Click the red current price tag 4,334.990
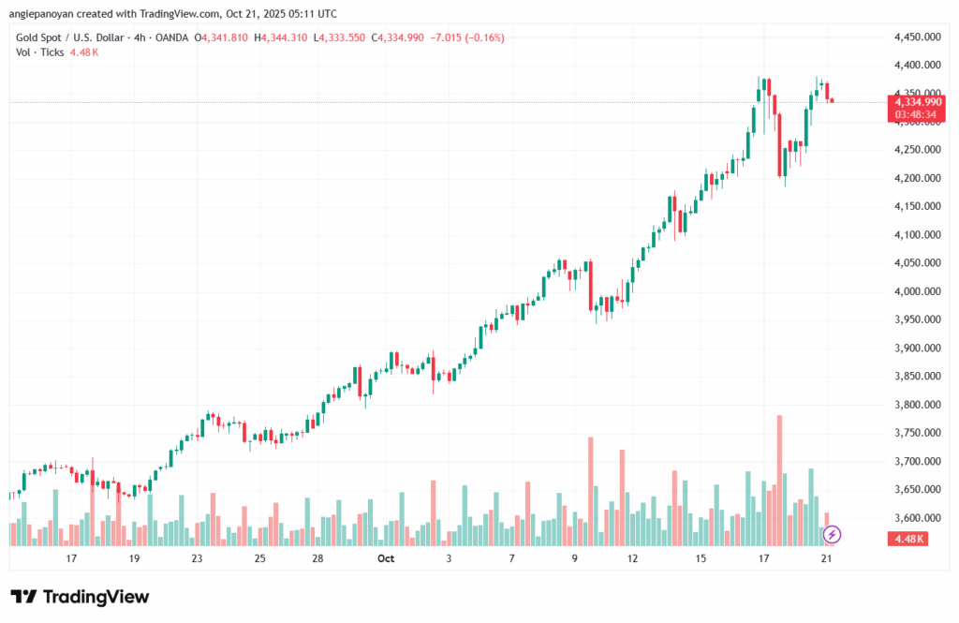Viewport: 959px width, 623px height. tap(917, 101)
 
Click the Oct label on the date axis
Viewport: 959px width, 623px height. tap(386, 558)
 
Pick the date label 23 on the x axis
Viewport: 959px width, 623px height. tap(197, 558)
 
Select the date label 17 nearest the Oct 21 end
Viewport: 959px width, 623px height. tap(763, 558)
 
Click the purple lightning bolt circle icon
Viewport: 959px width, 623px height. tap(832, 535)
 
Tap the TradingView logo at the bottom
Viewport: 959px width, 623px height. tap(80, 597)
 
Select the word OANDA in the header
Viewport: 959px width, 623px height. tap(170, 37)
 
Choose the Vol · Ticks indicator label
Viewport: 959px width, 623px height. tap(40, 52)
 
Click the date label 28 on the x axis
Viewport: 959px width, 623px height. tap(318, 558)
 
